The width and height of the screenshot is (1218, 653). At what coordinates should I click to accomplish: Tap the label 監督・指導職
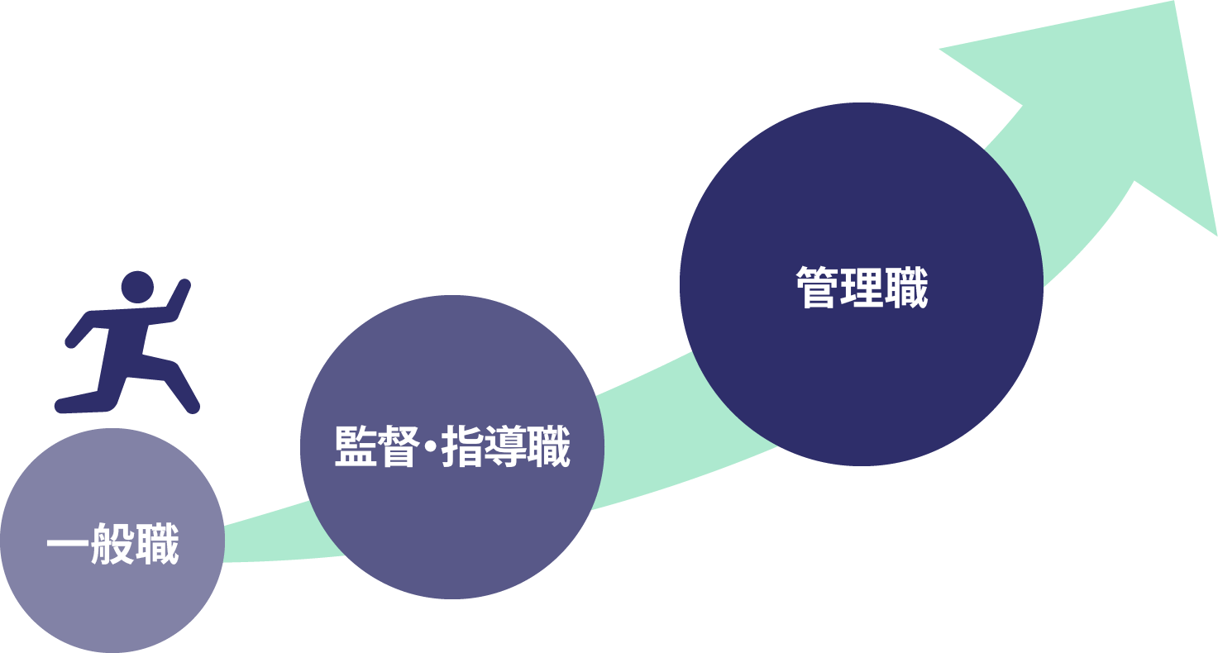pos(452,446)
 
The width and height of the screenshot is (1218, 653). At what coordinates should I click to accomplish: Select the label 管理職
pos(862,287)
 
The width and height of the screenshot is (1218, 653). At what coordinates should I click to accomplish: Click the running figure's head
pos(137,287)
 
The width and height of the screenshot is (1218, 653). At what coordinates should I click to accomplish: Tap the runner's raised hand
pos(184,286)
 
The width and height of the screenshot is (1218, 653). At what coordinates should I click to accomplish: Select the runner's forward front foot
pos(191,406)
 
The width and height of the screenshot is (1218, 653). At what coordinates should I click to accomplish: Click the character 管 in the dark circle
pos(817,287)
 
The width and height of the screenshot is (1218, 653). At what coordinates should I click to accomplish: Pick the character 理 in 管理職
pos(862,287)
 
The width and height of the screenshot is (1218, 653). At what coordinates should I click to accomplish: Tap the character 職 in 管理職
pos(906,287)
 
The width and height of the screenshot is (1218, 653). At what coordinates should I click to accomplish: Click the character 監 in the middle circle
pos(356,446)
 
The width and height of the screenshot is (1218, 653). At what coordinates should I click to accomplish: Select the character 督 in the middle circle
pos(399,446)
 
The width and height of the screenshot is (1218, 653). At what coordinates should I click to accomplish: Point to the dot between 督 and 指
pos(430,446)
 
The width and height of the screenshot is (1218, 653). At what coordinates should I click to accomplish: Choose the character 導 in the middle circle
pos(505,446)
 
